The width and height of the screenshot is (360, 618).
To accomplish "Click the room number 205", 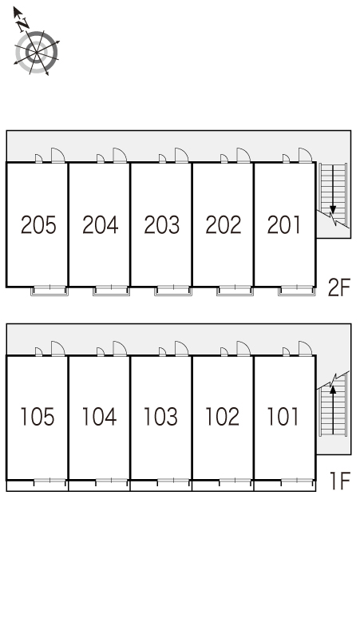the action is pos(38,225).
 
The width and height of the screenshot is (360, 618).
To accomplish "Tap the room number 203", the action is pos(161,225).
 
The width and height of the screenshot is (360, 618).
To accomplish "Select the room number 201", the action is pos(283,225).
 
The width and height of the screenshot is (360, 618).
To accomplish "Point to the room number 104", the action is pos(99,417).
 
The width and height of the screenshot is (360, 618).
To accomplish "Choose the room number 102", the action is pos(223,417).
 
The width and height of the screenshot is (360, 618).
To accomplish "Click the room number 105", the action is pos(38,417).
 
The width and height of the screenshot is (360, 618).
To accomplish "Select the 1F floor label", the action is pos(340,481).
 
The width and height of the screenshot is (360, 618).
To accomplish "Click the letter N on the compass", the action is pos(23,25).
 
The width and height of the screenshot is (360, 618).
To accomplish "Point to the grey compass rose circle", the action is pos(37,53).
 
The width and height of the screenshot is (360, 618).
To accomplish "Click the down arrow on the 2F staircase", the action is pos(333,188).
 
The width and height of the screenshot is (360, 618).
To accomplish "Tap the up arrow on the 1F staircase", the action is pos(333,409).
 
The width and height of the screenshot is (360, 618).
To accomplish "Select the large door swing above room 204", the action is pos(120,155).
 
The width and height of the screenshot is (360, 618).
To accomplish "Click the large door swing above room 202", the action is pos(243,155).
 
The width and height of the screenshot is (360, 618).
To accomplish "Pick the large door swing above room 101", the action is pos(305,348).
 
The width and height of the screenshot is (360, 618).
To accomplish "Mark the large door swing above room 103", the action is pos(181,348).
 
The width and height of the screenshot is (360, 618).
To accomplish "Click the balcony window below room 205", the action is pos(49,291).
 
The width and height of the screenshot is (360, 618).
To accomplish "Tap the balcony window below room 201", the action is pos(297,291).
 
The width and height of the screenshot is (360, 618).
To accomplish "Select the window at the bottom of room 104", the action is pos(112,481).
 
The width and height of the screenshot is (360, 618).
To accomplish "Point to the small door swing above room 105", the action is pos(38,351).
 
